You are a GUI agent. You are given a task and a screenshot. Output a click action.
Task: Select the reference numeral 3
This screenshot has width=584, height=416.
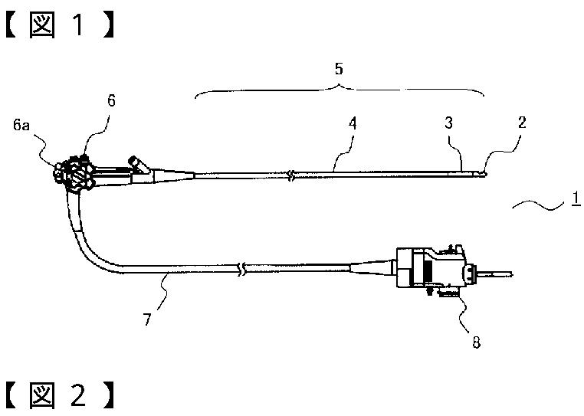pos(450,123)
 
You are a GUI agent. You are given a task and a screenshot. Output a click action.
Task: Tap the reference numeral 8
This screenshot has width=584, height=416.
pos(476,342)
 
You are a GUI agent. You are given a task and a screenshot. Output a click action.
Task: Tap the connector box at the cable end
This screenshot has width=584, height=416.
pos(429,270)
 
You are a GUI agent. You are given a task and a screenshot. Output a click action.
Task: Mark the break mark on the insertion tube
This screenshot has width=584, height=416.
pos(290,176)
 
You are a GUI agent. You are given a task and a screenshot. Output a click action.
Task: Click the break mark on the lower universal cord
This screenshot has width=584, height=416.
pos(243,270)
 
